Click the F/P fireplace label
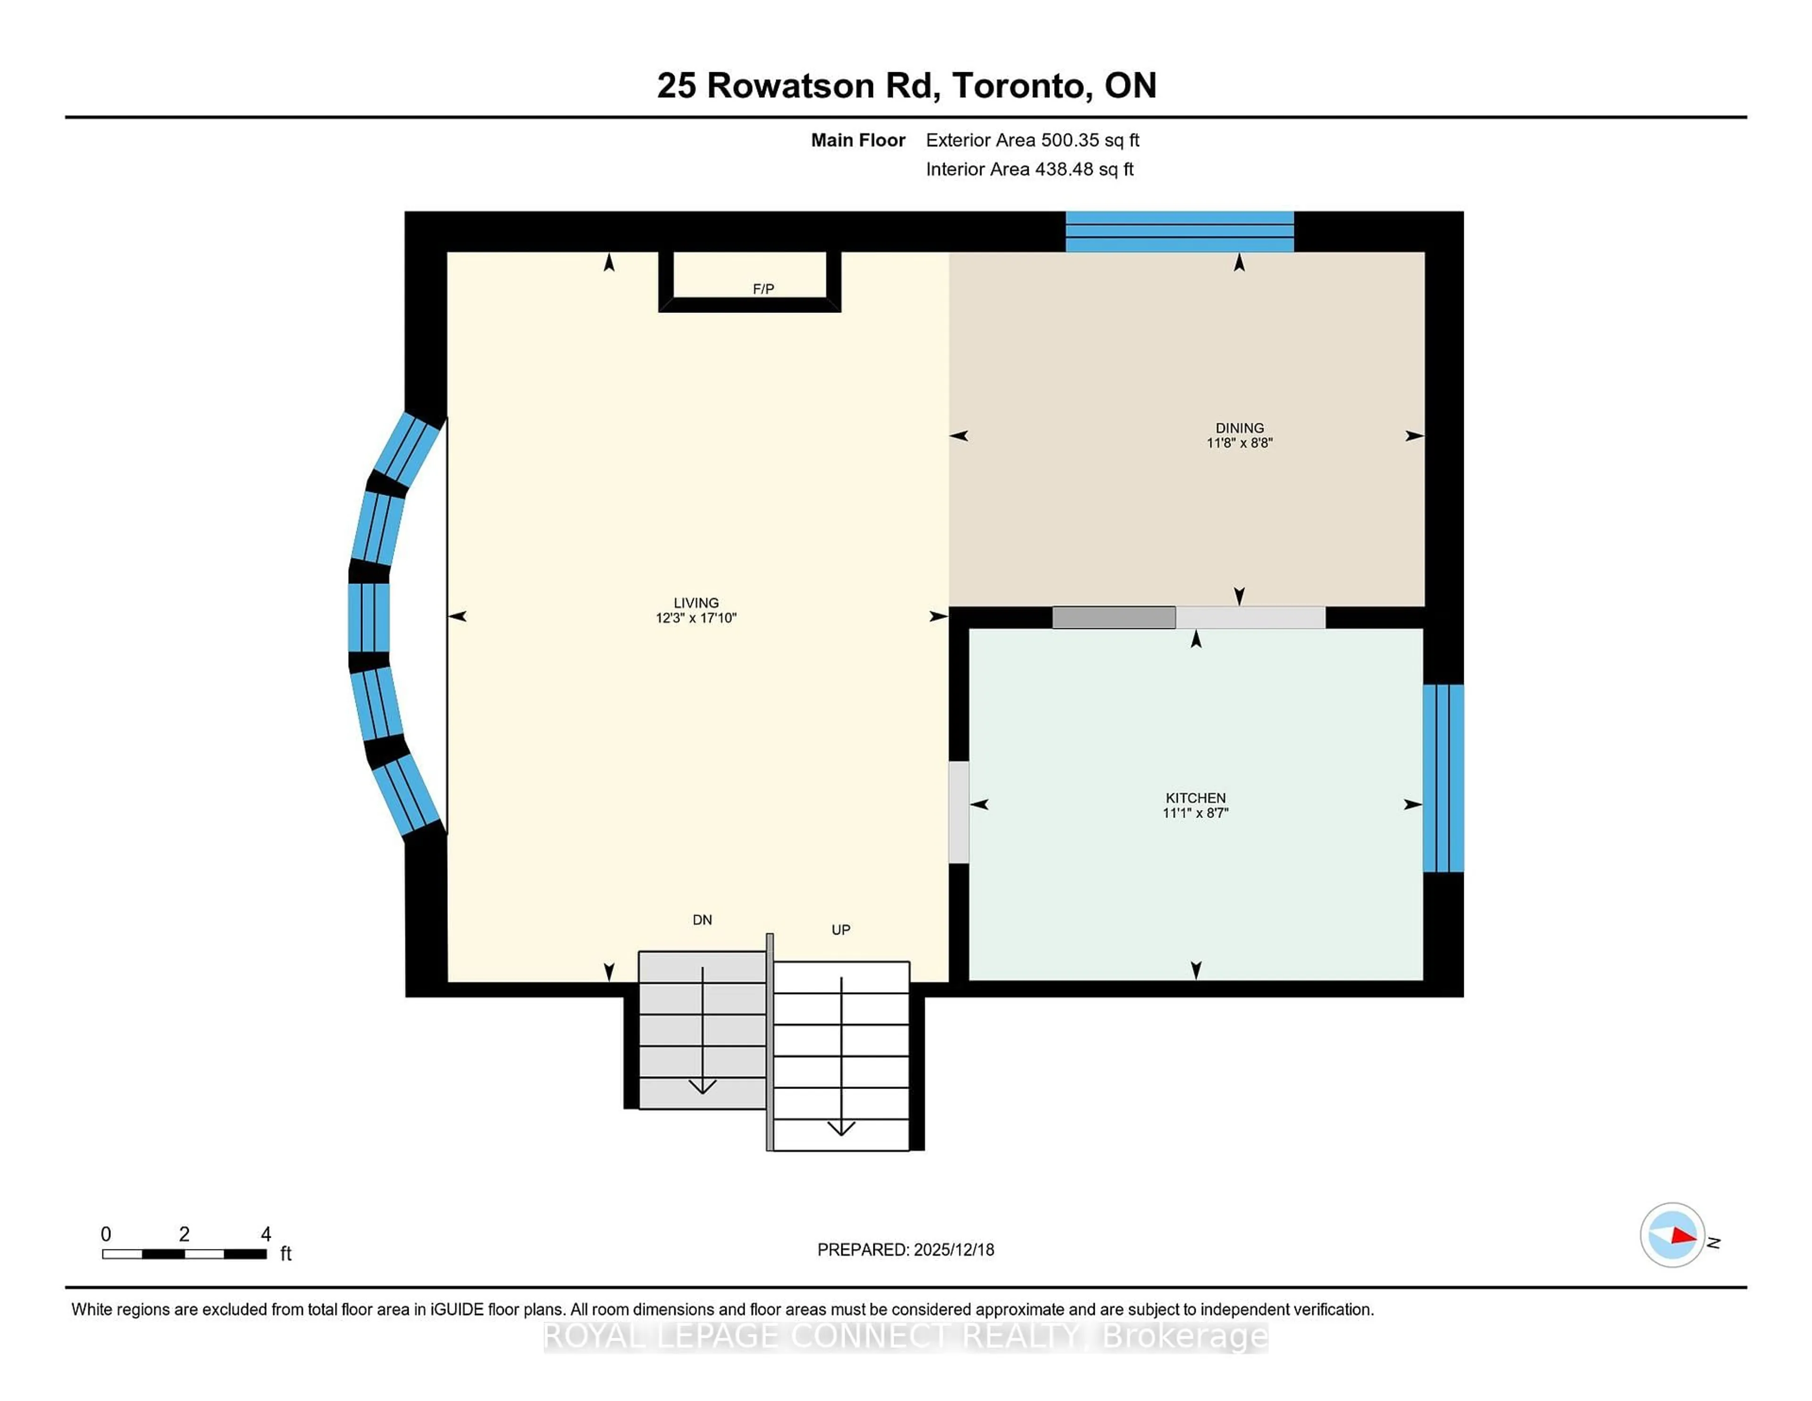(x=763, y=289)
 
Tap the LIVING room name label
(x=696, y=603)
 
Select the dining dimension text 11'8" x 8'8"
(x=1240, y=443)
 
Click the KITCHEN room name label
(x=1196, y=798)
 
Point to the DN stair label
(x=702, y=920)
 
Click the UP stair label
(x=840, y=929)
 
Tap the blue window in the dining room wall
(x=1179, y=232)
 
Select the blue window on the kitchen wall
(x=1443, y=778)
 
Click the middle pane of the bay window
(x=369, y=617)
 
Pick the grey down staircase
(x=702, y=1029)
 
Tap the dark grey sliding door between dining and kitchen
(x=1114, y=617)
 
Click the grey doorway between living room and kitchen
(x=958, y=812)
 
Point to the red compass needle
(x=1683, y=1236)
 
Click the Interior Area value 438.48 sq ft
(x=1083, y=169)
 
